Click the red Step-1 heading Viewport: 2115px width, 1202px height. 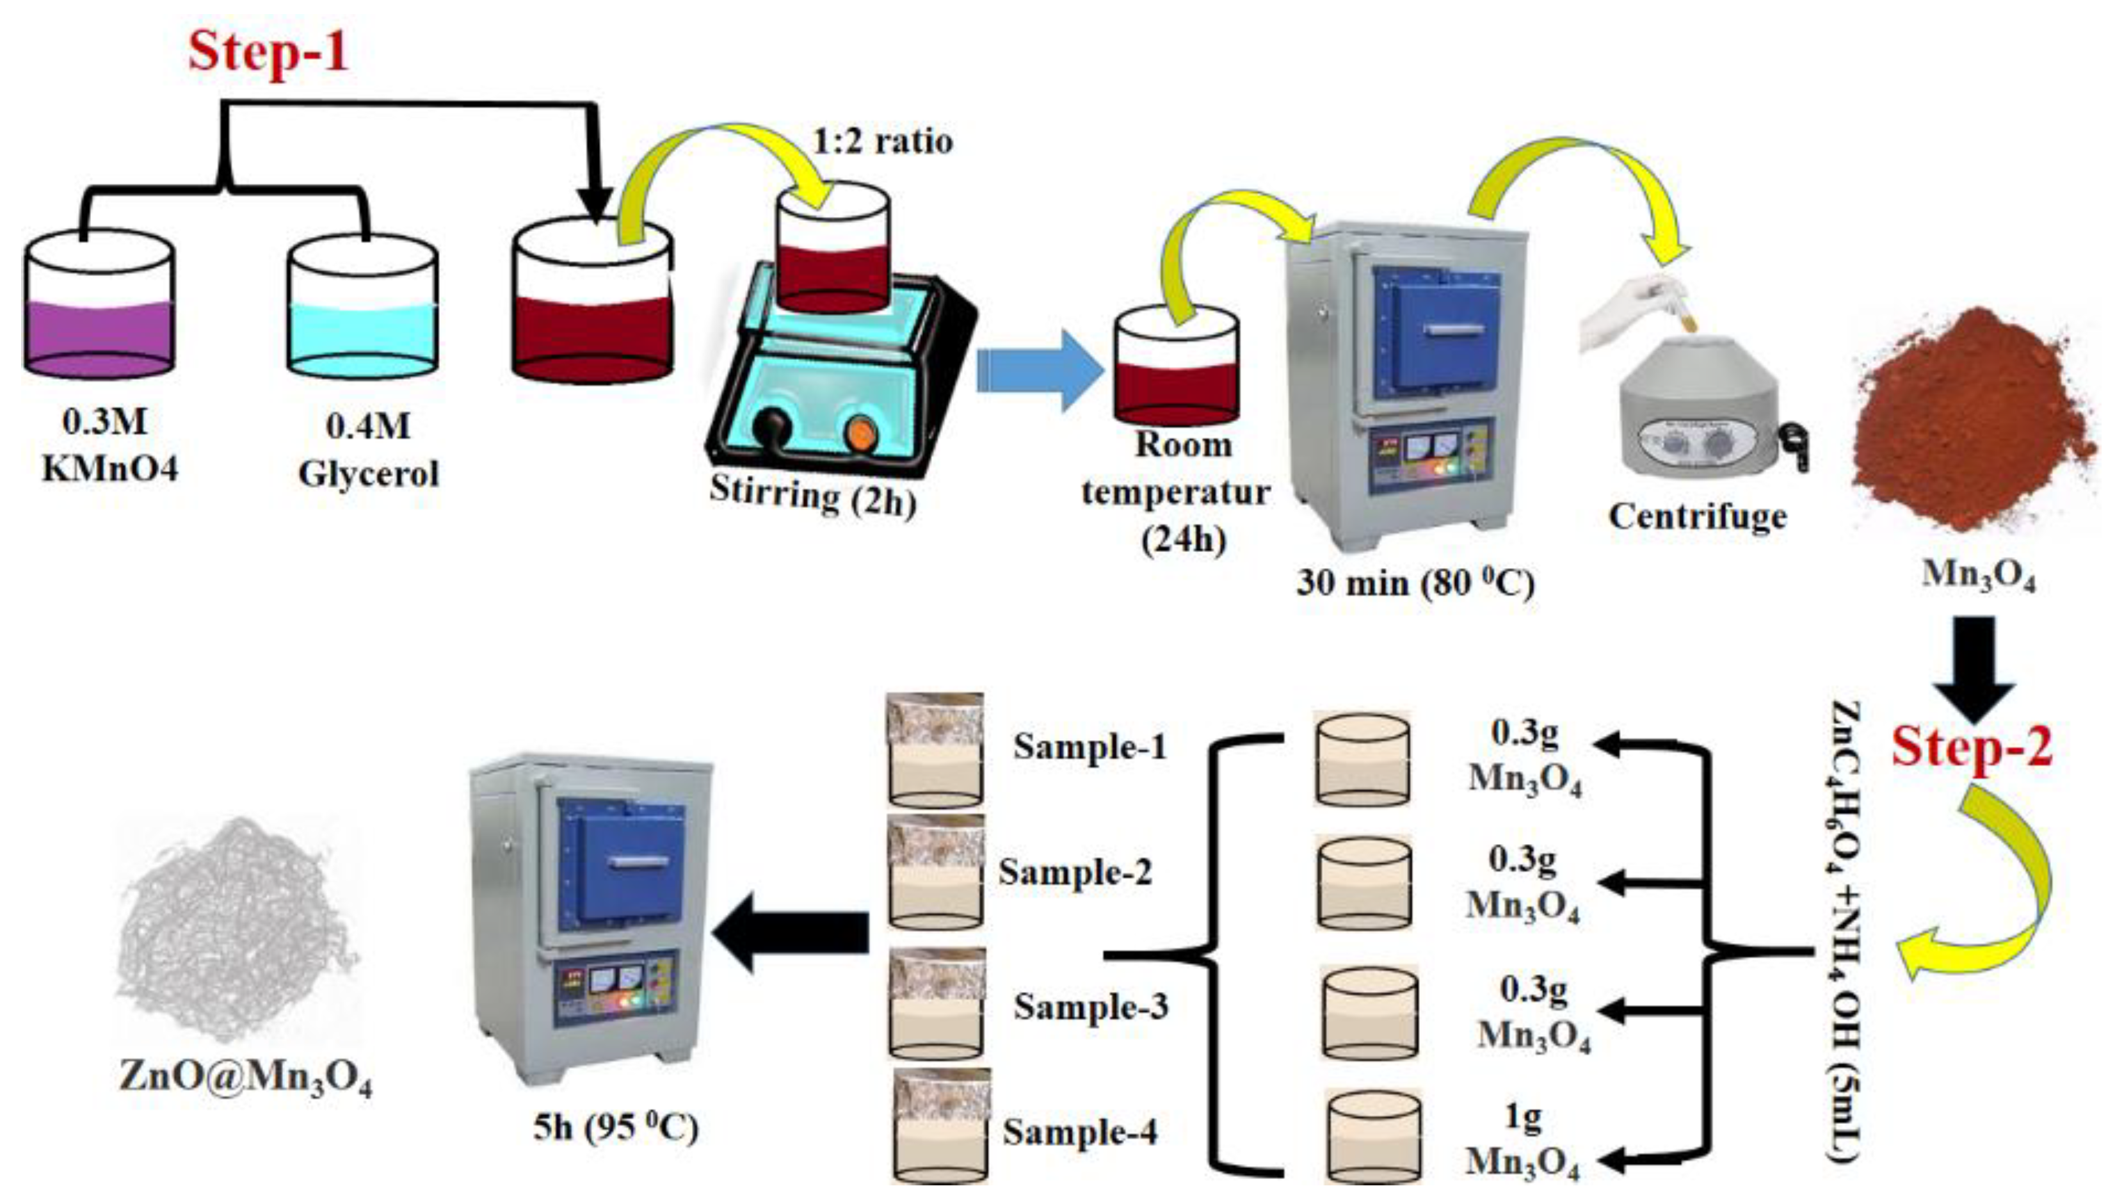[x=268, y=51]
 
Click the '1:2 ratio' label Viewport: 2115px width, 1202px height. [x=883, y=142]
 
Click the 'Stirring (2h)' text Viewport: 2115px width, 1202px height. [x=813, y=495]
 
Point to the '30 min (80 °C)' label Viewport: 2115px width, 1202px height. [x=1415, y=583]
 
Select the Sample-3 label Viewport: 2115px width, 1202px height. [x=1091, y=1007]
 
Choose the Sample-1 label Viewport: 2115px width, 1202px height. [x=1090, y=747]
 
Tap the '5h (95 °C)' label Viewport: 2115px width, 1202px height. [x=615, y=1128]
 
